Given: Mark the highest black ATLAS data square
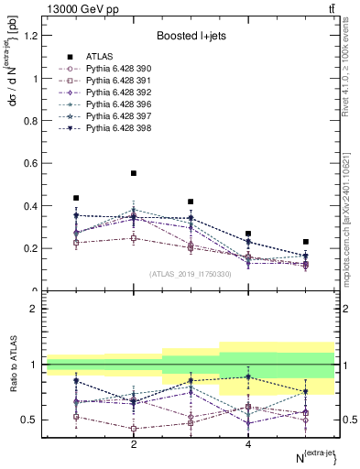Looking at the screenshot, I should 134,173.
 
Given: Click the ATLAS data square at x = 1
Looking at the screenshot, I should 76,198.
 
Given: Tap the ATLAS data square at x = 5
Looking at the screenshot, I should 306,242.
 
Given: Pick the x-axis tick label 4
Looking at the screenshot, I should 248,444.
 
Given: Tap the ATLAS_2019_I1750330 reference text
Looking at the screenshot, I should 191,274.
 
